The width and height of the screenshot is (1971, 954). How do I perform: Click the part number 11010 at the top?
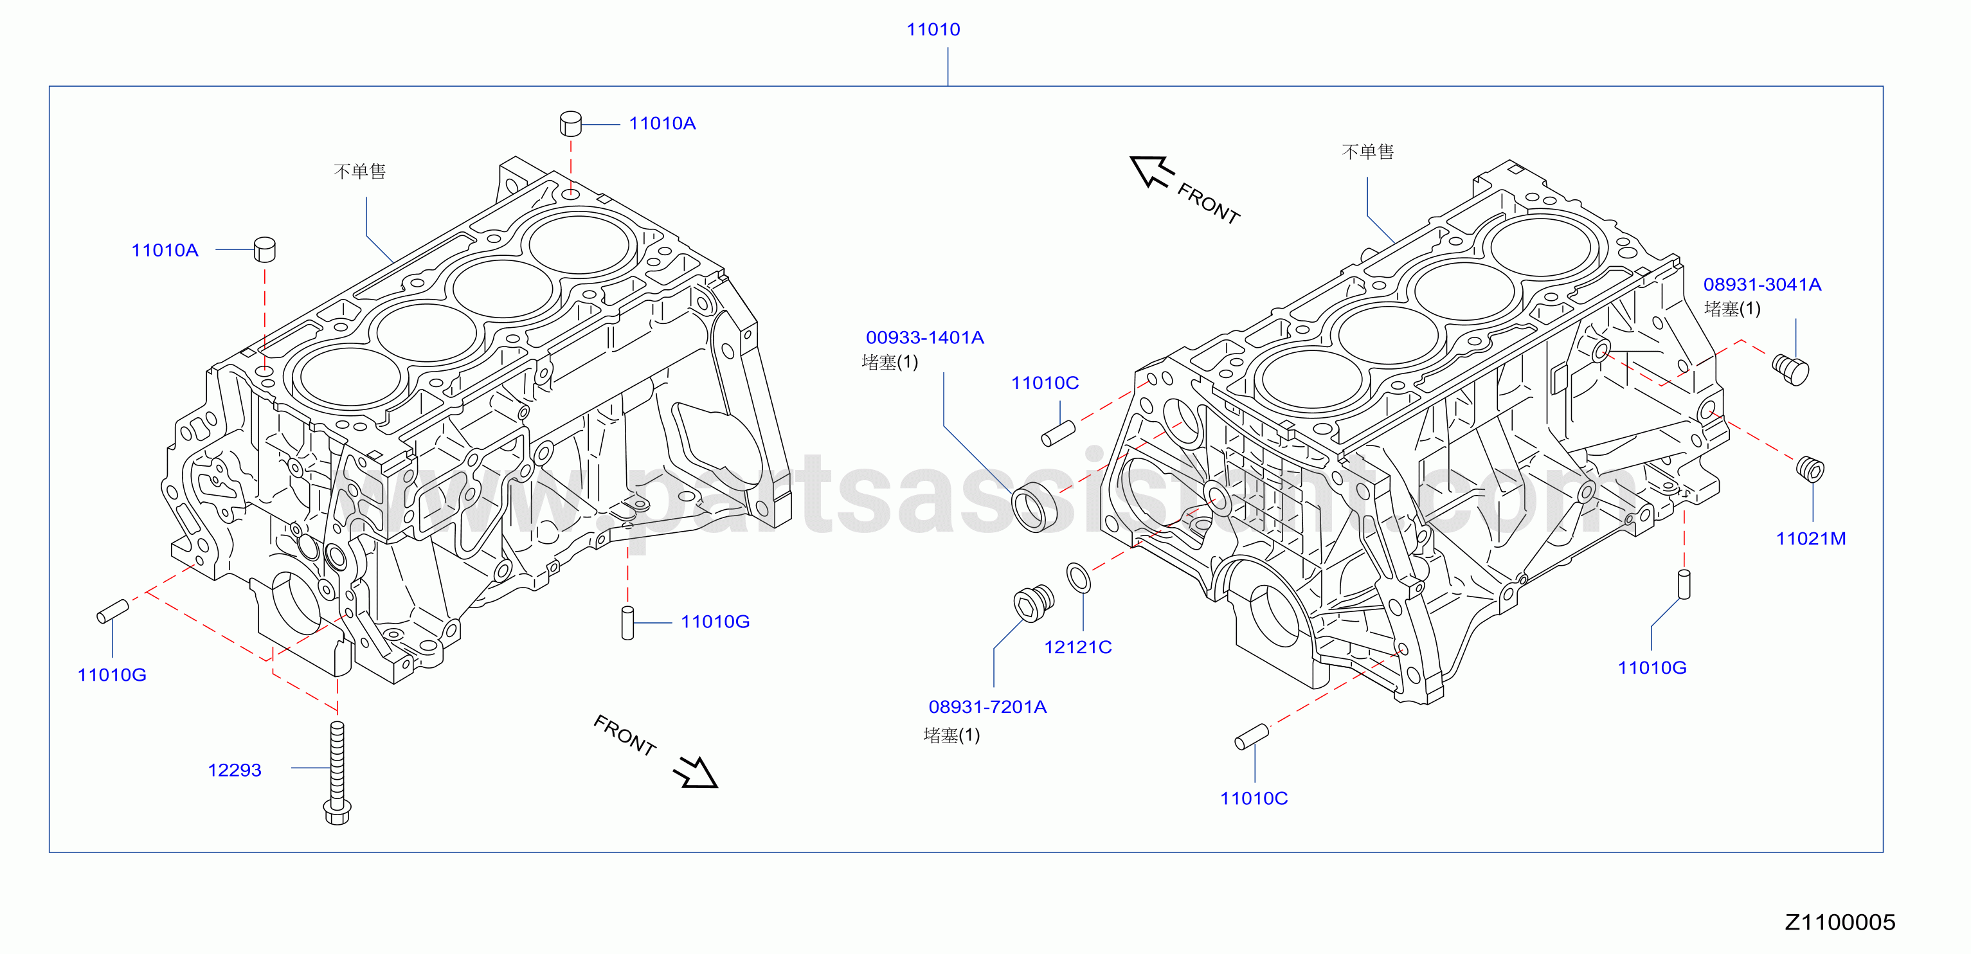pyautogui.click(x=933, y=30)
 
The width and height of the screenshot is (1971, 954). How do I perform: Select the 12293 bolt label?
pyautogui.click(x=234, y=770)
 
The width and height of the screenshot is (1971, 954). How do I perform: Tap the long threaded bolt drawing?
pyautogui.click(x=337, y=773)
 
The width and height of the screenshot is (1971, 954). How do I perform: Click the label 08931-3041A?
pyautogui.click(x=1761, y=285)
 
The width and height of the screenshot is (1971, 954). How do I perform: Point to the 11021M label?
pyautogui.click(x=1810, y=539)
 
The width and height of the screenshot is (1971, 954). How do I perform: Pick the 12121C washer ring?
pyautogui.click(x=1078, y=577)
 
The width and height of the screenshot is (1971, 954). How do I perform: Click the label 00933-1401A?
pyautogui.click(x=924, y=337)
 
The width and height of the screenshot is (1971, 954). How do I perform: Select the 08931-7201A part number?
pyautogui.click(x=987, y=707)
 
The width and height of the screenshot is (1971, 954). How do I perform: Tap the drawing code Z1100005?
pyautogui.click(x=1840, y=923)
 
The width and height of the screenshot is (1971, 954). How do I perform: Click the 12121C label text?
pyautogui.click(x=1077, y=647)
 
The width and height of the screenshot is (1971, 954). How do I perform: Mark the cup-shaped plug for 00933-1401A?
pyautogui.click(x=1034, y=507)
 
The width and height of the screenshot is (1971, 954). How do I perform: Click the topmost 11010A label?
pyautogui.click(x=662, y=123)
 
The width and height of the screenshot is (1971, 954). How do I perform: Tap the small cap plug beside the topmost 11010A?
pyautogui.click(x=571, y=123)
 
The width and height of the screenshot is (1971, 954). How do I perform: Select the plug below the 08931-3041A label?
pyautogui.click(x=1790, y=370)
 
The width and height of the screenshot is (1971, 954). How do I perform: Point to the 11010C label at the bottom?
pyautogui.click(x=1254, y=798)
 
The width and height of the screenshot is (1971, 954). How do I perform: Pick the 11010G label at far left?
pyautogui.click(x=112, y=675)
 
